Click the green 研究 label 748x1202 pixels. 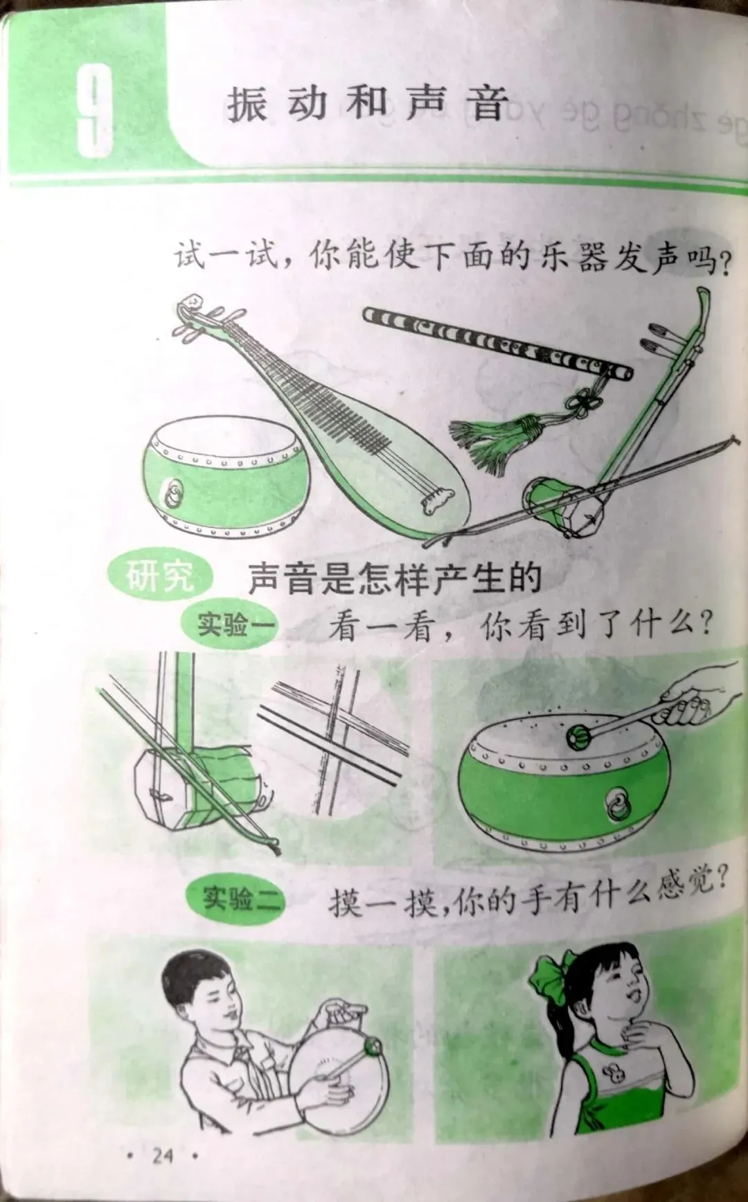(160, 576)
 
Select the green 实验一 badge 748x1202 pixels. (229, 625)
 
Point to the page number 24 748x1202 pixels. (163, 1155)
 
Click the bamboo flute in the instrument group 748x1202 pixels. (497, 343)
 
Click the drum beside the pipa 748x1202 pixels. (226, 477)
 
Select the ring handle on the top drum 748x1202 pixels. (172, 493)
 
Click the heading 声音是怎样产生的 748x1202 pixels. (394, 578)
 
